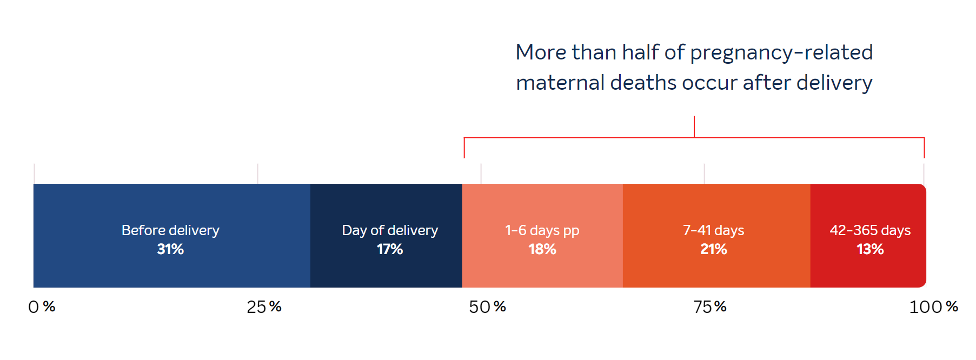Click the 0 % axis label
(42, 307)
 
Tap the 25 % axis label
(264, 307)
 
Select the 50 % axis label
(487, 307)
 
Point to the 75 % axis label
(710, 307)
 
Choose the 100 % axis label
(933, 307)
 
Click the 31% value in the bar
(170, 249)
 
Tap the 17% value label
(390, 249)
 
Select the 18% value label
(542, 249)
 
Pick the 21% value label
(714, 249)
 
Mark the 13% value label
(870, 249)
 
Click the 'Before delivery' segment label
(170, 231)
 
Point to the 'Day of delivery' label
(390, 231)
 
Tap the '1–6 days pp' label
(542, 231)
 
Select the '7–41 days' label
(714, 231)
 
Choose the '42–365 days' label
(870, 231)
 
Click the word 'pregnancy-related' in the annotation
(781, 53)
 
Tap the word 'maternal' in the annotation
(560, 83)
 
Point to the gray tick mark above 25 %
(258, 174)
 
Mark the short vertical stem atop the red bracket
(694, 127)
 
